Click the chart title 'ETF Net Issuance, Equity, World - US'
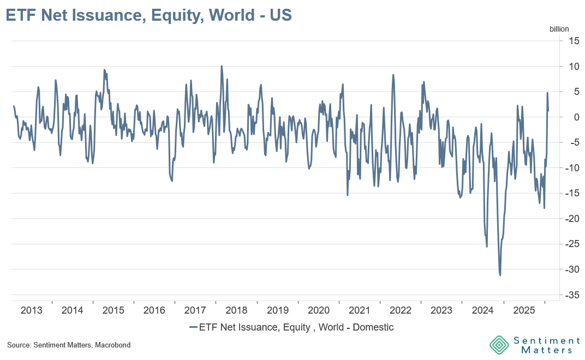(x=148, y=15)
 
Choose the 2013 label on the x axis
(x=32, y=310)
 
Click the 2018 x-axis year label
(x=236, y=310)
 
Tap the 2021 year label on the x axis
(x=360, y=310)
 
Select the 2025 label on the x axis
(x=524, y=310)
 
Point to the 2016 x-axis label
(x=154, y=310)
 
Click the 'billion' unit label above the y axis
(x=559, y=29)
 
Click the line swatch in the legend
(x=193, y=328)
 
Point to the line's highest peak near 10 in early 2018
(x=222, y=66)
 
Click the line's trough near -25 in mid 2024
(x=487, y=247)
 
